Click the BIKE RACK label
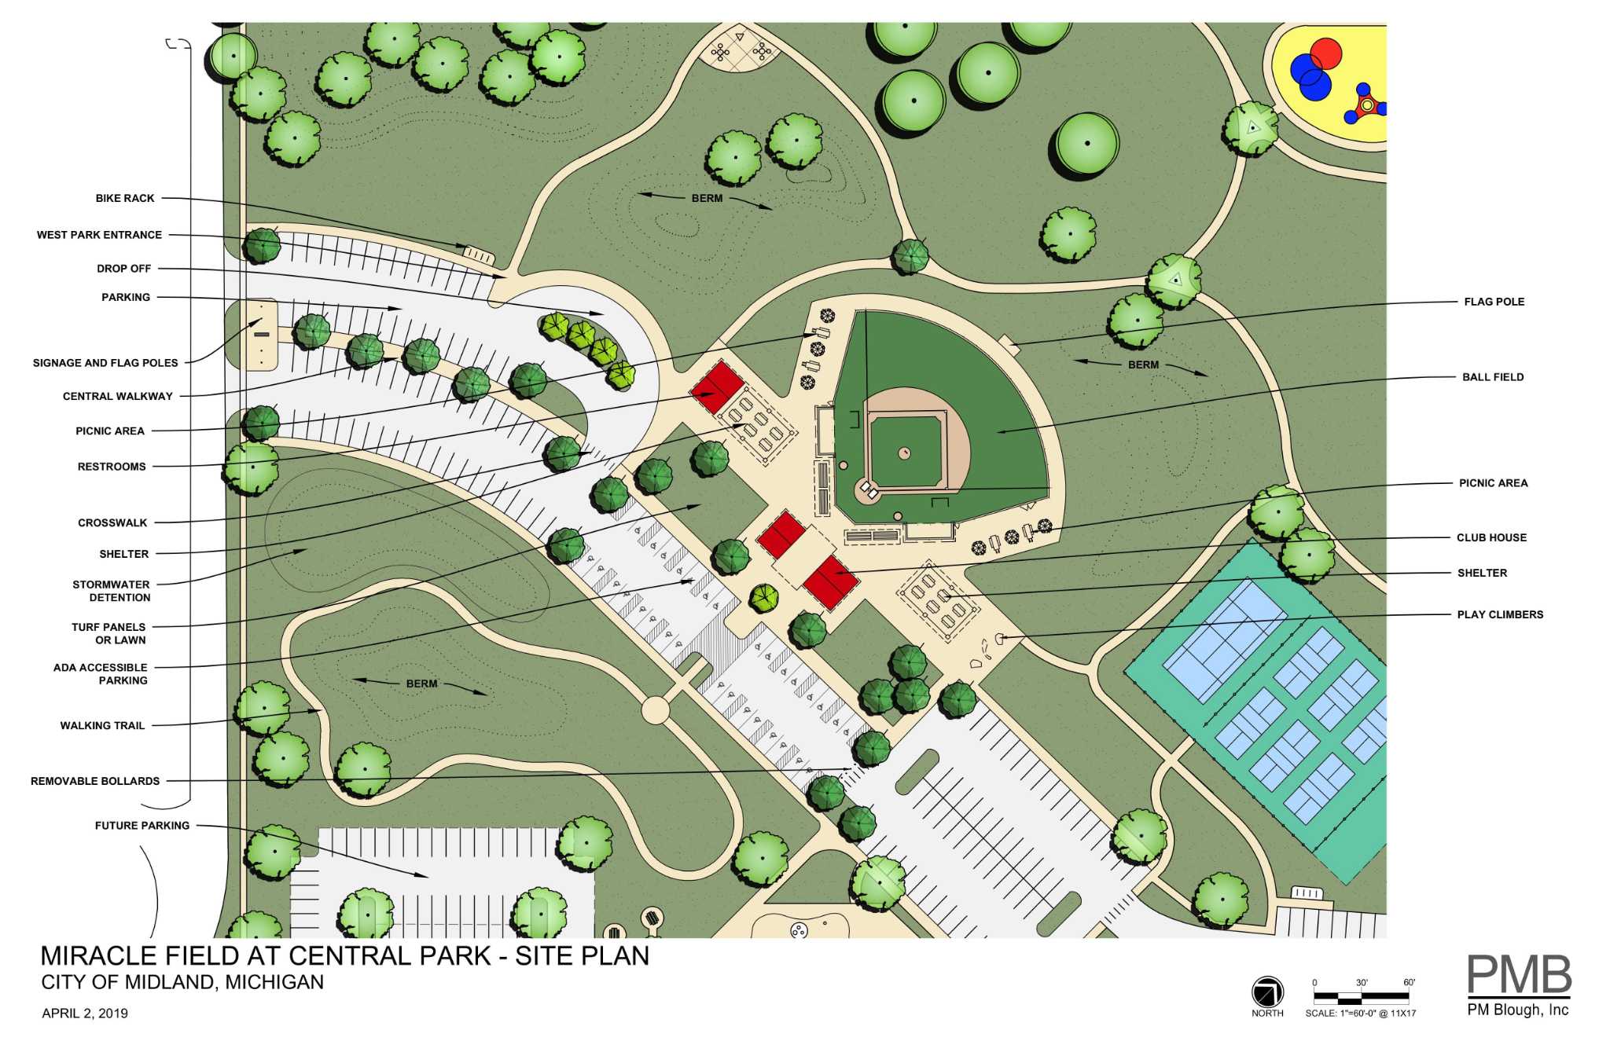(125, 199)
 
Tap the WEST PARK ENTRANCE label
(99, 235)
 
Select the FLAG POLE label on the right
(1494, 302)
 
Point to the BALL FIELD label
(1493, 377)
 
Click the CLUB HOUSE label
(1491, 538)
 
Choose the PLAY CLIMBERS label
(1500, 614)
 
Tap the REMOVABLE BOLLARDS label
(95, 781)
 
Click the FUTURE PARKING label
(142, 826)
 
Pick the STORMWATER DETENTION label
(112, 591)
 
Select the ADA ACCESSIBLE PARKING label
(101, 674)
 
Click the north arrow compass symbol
(1267, 992)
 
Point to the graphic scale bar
(1361, 999)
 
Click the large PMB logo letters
(1519, 975)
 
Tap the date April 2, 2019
(85, 1014)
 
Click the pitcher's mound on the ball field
(905, 453)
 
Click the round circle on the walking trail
(656, 710)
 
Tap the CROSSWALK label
(112, 522)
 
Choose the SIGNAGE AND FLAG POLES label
(105, 363)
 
